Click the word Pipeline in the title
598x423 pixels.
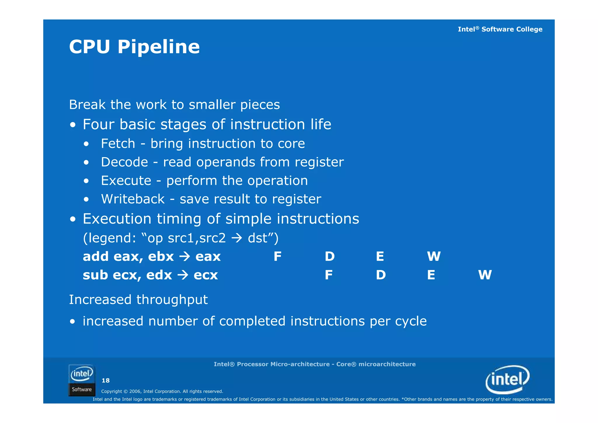(159, 47)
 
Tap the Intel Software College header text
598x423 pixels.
(500, 29)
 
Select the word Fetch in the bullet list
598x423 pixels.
(118, 144)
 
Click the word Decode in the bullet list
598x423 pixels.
(124, 162)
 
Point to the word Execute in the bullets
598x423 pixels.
(126, 181)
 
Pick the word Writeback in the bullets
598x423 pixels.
(133, 199)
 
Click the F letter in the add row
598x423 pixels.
(277, 257)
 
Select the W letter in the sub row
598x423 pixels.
(485, 275)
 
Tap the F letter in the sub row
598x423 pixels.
(328, 275)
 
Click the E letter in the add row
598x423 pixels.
(380, 257)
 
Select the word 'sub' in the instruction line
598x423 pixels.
(95, 275)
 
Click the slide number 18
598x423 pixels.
(105, 380)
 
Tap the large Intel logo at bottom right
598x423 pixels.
(507, 379)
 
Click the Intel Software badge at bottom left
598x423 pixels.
(82, 380)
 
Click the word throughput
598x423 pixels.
(172, 300)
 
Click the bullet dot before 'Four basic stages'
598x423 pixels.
(73, 125)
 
